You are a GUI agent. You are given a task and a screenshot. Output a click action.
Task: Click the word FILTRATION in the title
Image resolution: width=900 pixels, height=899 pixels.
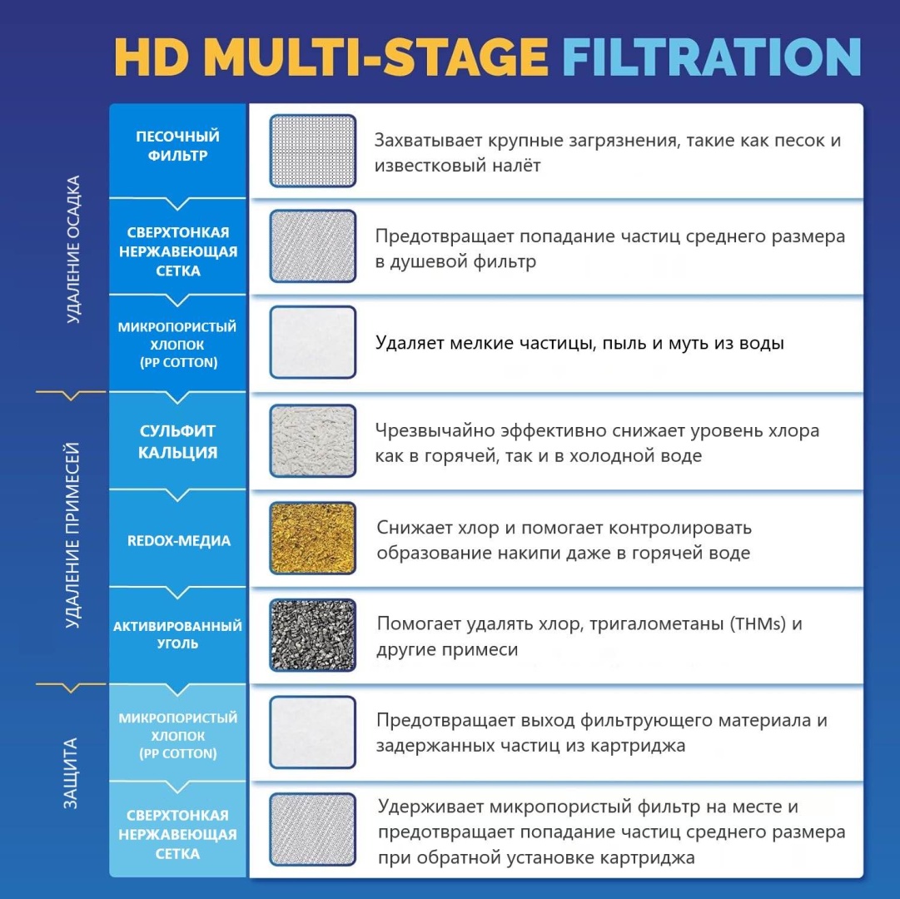click(712, 57)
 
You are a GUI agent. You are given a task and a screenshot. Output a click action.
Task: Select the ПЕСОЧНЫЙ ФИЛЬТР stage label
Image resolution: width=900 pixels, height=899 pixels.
click(178, 146)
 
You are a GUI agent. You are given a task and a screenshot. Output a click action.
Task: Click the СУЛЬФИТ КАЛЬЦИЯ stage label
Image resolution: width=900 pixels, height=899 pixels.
click(178, 441)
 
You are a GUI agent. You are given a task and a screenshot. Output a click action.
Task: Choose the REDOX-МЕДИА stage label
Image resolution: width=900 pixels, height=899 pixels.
click(178, 540)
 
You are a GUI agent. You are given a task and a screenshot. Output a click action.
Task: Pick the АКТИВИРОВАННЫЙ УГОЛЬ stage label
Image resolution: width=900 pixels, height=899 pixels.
click(177, 634)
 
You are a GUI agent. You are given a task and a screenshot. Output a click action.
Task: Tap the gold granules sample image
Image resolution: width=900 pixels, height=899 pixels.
click(313, 538)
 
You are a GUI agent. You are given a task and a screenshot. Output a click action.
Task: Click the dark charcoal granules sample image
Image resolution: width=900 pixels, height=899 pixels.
click(313, 635)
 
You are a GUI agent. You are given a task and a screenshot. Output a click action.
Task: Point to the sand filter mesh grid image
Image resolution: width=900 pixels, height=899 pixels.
click(313, 151)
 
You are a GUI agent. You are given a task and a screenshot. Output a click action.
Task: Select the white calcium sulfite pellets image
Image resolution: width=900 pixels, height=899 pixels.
click(313, 440)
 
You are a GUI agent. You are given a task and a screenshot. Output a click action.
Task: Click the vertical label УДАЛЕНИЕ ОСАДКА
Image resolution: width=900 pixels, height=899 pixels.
click(73, 250)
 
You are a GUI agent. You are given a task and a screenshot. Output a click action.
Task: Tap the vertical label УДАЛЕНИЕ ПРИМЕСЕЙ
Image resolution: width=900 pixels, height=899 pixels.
click(72, 535)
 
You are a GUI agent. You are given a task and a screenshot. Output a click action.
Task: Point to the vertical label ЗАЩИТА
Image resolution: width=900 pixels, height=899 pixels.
click(71, 773)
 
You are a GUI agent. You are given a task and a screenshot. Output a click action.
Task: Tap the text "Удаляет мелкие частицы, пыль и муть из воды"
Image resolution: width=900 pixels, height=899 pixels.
click(579, 343)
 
